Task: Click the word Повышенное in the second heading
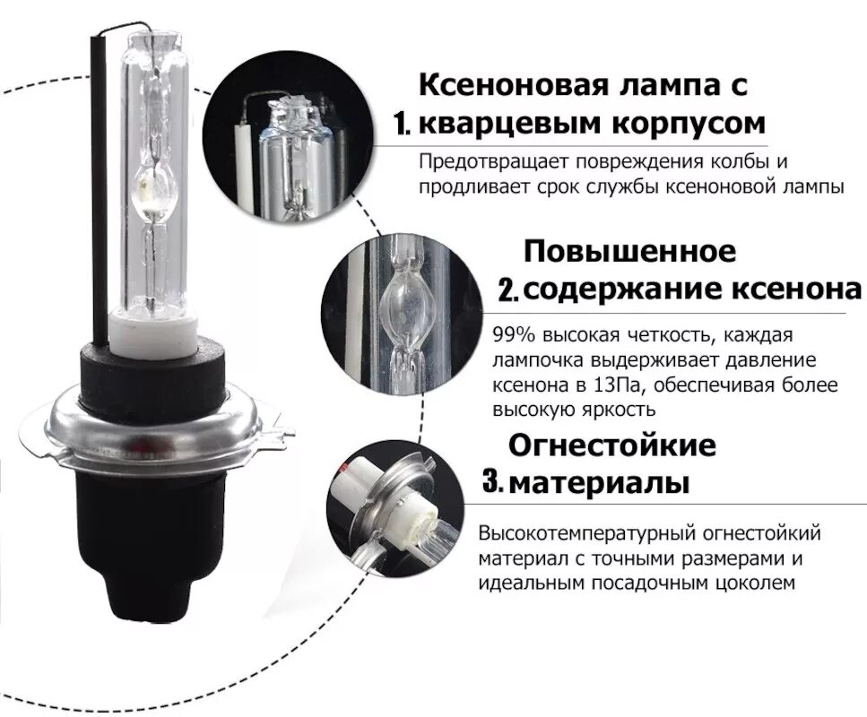[x=629, y=251]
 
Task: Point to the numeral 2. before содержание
[x=508, y=289]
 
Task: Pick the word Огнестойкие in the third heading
[x=612, y=445]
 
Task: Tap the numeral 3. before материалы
[x=492, y=482]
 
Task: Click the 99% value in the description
[x=514, y=336]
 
